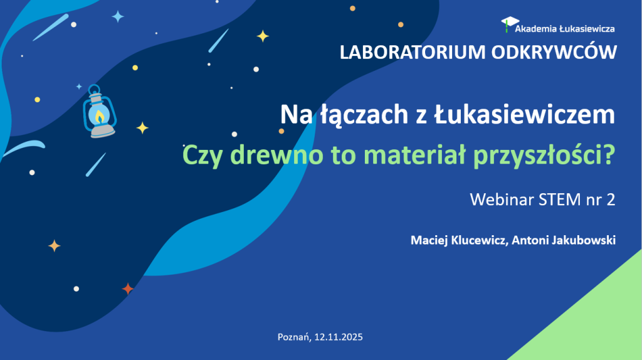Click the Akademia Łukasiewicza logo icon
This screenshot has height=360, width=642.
(507, 24)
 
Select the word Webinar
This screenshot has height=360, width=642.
(499, 200)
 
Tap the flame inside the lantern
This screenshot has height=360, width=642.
(100, 116)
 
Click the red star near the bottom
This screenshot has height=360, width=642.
(128, 289)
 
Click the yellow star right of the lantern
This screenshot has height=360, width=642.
(142, 128)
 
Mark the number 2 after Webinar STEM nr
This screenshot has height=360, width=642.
(611, 200)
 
